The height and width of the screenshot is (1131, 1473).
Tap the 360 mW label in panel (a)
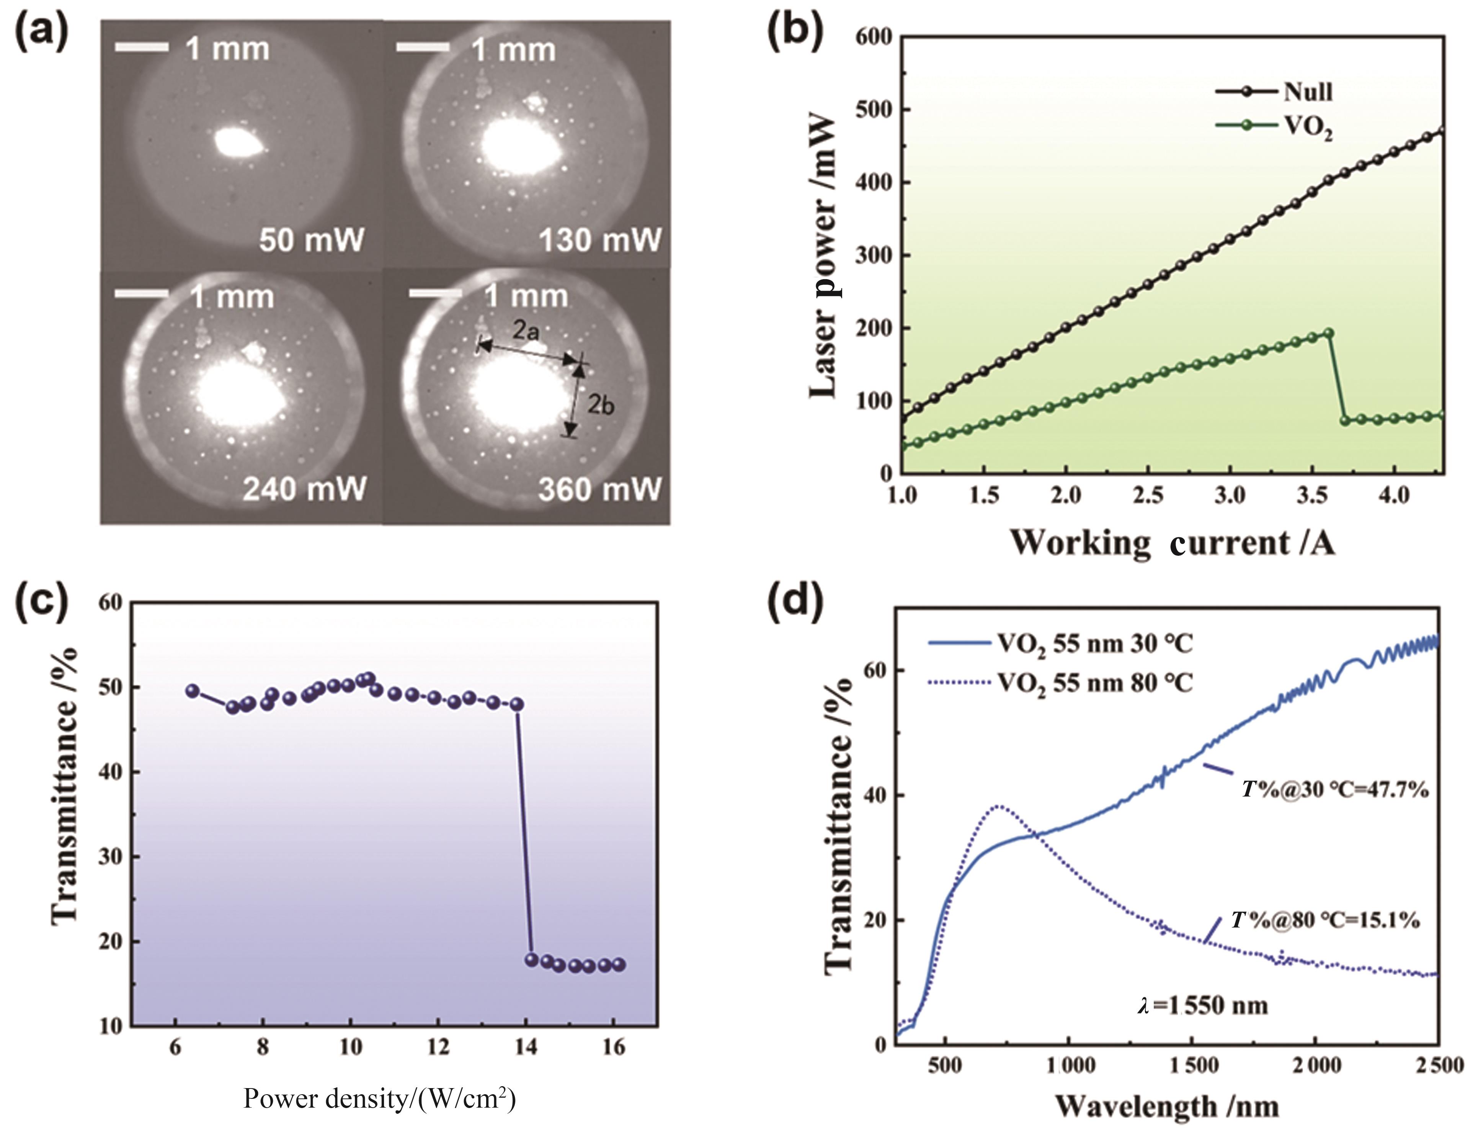pos(599,489)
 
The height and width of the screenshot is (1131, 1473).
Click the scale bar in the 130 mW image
pos(423,47)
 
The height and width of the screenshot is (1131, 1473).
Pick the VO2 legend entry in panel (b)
pos(1308,126)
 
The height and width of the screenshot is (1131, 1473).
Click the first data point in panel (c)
pos(193,691)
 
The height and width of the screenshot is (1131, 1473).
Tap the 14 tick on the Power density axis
pos(526,1048)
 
